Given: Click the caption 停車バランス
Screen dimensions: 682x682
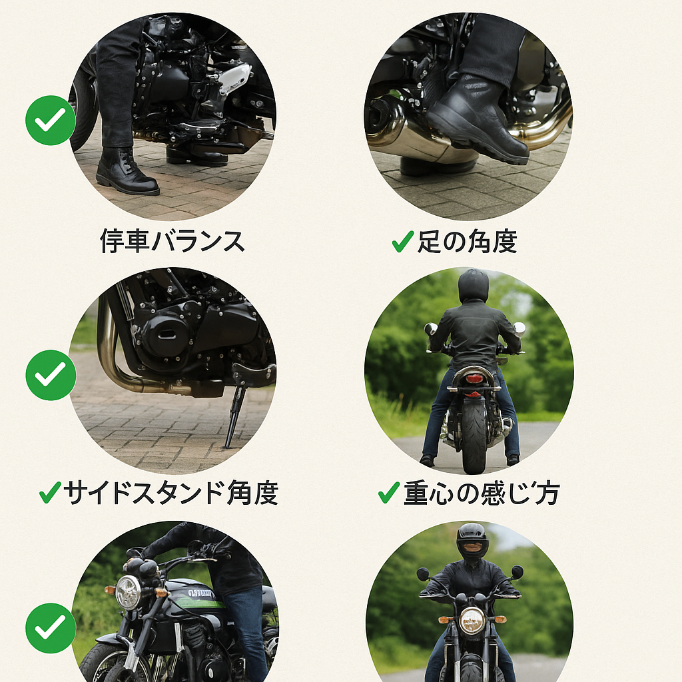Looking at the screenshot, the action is pyautogui.click(x=172, y=241).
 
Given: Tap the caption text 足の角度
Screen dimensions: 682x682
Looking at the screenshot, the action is pyautogui.click(x=468, y=241).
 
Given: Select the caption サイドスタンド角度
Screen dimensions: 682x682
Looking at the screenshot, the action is pyautogui.click(x=171, y=493).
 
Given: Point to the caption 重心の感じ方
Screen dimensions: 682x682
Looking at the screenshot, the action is pyautogui.click(x=482, y=493).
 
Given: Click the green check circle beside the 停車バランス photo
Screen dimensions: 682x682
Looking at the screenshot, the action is pyautogui.click(x=51, y=120).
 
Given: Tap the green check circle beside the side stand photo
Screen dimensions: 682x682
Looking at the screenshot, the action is pyautogui.click(x=51, y=375).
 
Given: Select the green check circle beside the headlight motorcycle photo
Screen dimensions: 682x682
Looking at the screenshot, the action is pyautogui.click(x=51, y=628).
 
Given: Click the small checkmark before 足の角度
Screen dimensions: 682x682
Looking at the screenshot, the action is pyautogui.click(x=403, y=241).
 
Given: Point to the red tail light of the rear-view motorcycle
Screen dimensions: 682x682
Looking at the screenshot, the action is pyautogui.click(x=474, y=378).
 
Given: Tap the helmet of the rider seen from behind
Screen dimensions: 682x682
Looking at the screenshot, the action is pyautogui.click(x=474, y=285).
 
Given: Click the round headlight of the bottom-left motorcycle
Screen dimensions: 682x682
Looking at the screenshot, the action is pyautogui.click(x=129, y=591).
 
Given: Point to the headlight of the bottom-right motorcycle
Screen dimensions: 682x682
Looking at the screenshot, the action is pyautogui.click(x=472, y=620).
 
